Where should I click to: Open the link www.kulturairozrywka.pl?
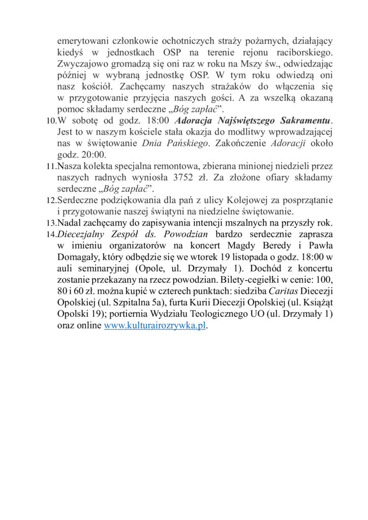click(155, 326)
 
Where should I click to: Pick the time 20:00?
click(91, 154)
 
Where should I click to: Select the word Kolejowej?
click(215, 200)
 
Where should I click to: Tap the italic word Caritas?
click(283, 291)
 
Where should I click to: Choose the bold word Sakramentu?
click(301, 121)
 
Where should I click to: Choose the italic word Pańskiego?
click(183, 143)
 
